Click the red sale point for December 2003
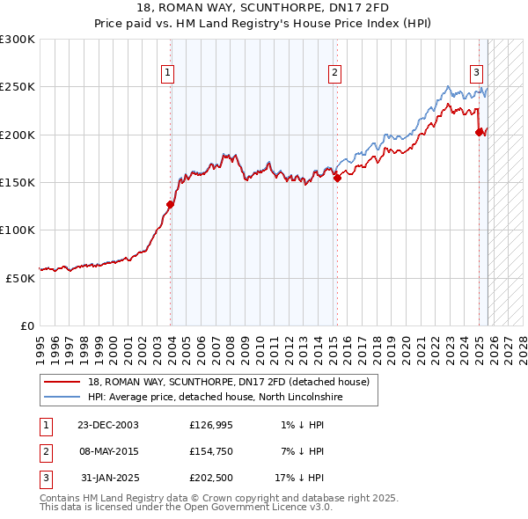[171, 204]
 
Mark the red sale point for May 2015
[337, 178]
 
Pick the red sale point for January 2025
[480, 132]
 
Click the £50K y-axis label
[20, 277]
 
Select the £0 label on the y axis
[26, 325]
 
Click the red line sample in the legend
[62, 382]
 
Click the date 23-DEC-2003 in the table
[107, 425]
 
